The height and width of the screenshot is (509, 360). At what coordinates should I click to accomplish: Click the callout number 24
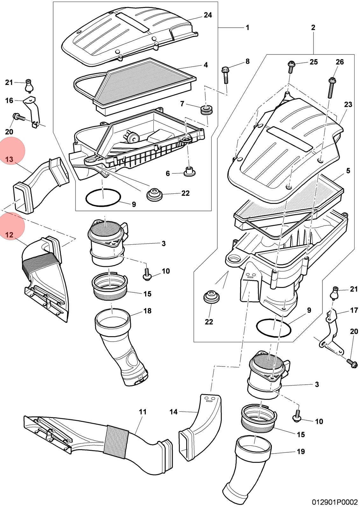pyautogui.click(x=208, y=15)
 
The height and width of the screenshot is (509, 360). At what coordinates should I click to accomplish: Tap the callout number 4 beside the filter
pyautogui.click(x=206, y=65)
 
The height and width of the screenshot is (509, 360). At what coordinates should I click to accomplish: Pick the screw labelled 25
pyautogui.click(x=291, y=67)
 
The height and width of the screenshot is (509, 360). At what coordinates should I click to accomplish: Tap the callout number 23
pyautogui.click(x=348, y=105)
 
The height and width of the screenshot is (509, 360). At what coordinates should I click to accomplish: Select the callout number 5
pyautogui.click(x=348, y=171)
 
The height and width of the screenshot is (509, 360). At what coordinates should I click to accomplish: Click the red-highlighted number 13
pyautogui.click(x=9, y=159)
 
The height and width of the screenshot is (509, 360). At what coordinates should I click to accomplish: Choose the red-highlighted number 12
pyautogui.click(x=9, y=235)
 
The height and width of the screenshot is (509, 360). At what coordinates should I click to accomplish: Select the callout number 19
pyautogui.click(x=301, y=451)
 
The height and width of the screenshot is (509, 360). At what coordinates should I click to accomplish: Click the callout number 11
pyautogui.click(x=143, y=412)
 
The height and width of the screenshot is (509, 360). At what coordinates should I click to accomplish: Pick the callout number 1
pyautogui.click(x=248, y=27)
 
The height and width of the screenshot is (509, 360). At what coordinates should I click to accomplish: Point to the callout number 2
pyautogui.click(x=313, y=27)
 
